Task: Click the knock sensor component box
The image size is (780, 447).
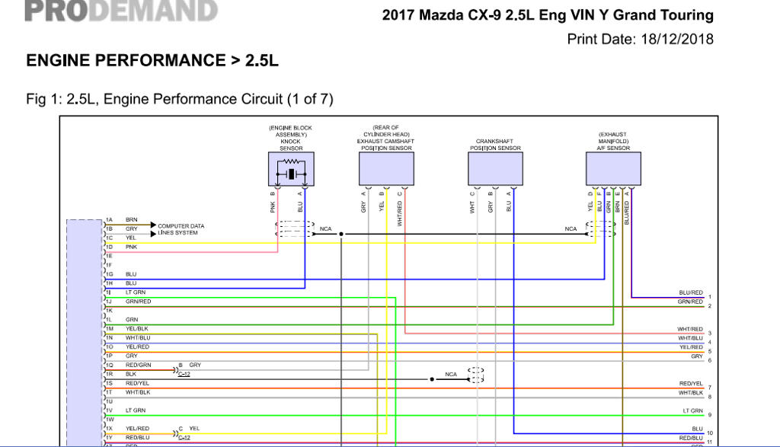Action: (x=291, y=169)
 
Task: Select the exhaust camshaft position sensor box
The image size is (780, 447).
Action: (x=386, y=169)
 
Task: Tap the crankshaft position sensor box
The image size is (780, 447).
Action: (x=495, y=169)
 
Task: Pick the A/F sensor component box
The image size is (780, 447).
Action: (x=613, y=169)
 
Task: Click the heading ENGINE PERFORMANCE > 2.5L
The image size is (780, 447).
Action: (x=152, y=61)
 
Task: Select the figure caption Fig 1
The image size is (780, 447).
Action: (x=180, y=99)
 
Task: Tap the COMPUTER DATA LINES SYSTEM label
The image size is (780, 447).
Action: (x=181, y=229)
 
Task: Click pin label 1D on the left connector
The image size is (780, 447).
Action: (x=109, y=247)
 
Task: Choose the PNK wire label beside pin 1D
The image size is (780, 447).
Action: (x=132, y=247)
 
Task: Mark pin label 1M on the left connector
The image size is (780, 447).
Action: (x=109, y=328)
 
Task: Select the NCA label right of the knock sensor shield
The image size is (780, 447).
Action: (x=325, y=228)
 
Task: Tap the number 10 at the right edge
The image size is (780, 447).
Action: (x=709, y=433)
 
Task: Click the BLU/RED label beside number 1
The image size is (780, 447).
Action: (x=690, y=292)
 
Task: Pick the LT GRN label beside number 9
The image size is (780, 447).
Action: (x=692, y=410)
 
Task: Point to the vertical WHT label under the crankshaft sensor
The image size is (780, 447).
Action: (x=473, y=206)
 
